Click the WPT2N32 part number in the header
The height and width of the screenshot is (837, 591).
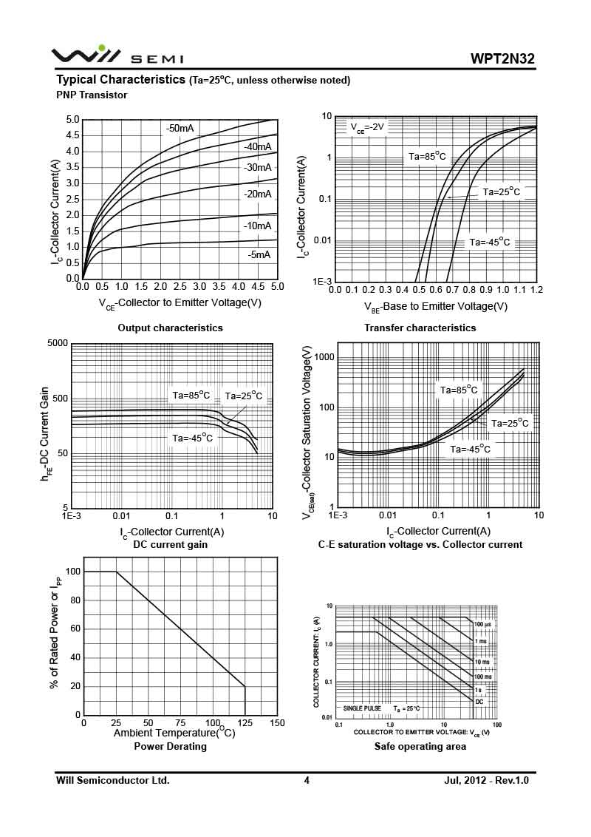pos(502,58)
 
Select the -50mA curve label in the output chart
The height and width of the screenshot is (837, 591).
pos(180,129)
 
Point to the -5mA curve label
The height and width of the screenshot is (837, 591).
pos(259,254)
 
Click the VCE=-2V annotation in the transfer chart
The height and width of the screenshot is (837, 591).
pos(367,127)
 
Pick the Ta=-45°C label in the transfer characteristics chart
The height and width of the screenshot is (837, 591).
pos(489,242)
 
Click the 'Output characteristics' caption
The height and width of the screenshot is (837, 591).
pos(170,328)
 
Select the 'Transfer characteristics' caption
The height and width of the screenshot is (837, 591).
pos(420,328)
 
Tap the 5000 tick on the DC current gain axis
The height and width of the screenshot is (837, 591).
pos(58,344)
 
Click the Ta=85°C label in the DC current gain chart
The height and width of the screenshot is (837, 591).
pos(191,396)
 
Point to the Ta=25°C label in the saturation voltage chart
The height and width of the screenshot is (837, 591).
pos(510,423)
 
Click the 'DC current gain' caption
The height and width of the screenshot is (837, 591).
pos(170,545)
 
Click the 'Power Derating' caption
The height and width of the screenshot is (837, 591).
pos(170,747)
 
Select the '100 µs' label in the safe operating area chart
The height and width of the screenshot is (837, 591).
pos(483,624)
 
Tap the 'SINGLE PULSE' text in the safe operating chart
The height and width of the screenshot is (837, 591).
pos(362,708)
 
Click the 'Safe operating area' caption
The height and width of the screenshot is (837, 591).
pos(420,747)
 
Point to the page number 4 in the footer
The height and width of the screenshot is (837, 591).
pos(307,780)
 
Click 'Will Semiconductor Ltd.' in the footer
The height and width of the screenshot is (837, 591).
pos(113,780)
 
